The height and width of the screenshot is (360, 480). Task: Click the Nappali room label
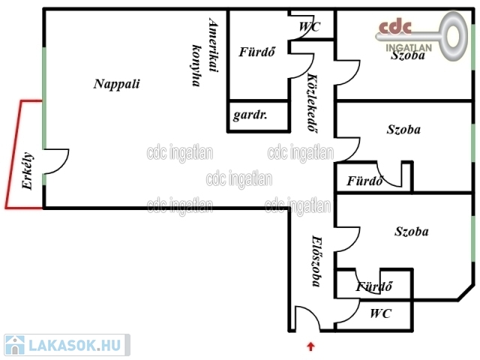pyautogui.click(x=117, y=83)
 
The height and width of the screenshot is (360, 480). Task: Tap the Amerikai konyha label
pyautogui.click(x=204, y=53)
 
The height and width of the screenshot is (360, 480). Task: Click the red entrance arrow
pyautogui.click(x=311, y=346)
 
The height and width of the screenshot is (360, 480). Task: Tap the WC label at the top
pyautogui.click(x=310, y=27)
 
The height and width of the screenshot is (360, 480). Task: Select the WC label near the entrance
pyautogui.click(x=380, y=313)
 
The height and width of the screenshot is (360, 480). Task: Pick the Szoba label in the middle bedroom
pyautogui.click(x=403, y=129)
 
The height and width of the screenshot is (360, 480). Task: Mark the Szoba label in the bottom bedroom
pyautogui.click(x=412, y=231)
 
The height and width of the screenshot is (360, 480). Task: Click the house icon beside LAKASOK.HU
pyautogui.click(x=14, y=345)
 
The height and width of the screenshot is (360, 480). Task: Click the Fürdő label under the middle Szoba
pyautogui.click(x=365, y=181)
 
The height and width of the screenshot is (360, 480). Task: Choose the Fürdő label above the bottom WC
pyautogui.click(x=373, y=286)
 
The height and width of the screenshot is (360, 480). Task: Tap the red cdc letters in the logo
pyautogui.click(x=395, y=28)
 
